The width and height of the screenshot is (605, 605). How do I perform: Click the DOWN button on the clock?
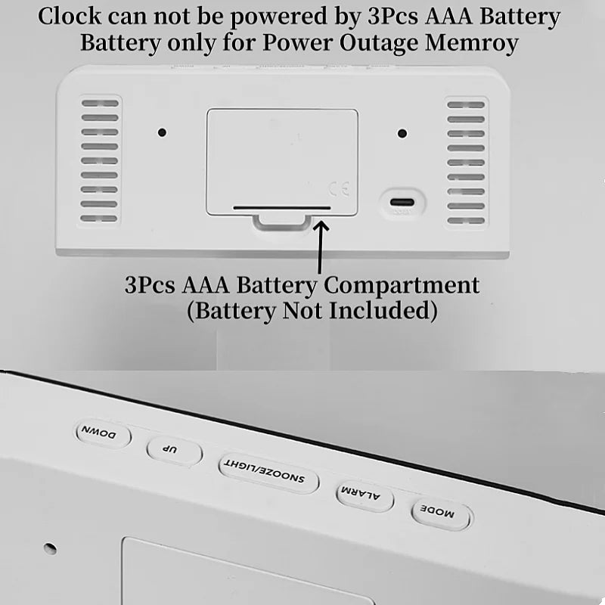coord(103,435)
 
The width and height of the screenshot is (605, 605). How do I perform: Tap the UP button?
coord(173,451)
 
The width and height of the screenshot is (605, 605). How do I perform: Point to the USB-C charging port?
coord(402,203)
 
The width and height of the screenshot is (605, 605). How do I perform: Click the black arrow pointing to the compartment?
coord(321,246)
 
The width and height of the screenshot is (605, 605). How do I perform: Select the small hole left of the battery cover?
coord(162,132)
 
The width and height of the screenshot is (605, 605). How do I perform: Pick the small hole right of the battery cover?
coord(402,133)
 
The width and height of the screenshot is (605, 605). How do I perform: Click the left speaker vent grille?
coord(99,160)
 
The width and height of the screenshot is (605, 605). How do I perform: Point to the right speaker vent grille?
coord(466,162)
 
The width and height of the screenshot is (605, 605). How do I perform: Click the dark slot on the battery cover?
coord(281,206)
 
